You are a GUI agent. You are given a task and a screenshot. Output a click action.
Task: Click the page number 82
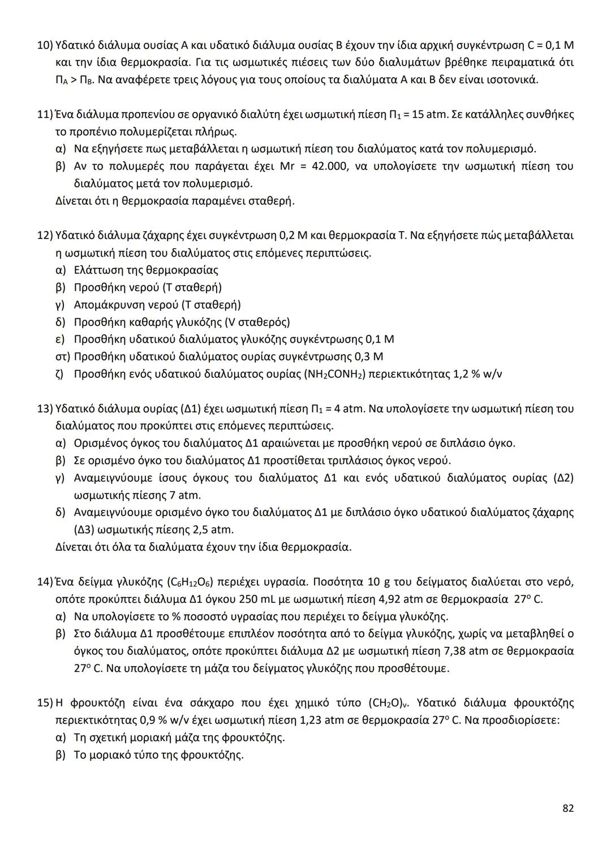[x=568, y=808]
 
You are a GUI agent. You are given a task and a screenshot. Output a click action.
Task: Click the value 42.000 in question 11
[x=329, y=167]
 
